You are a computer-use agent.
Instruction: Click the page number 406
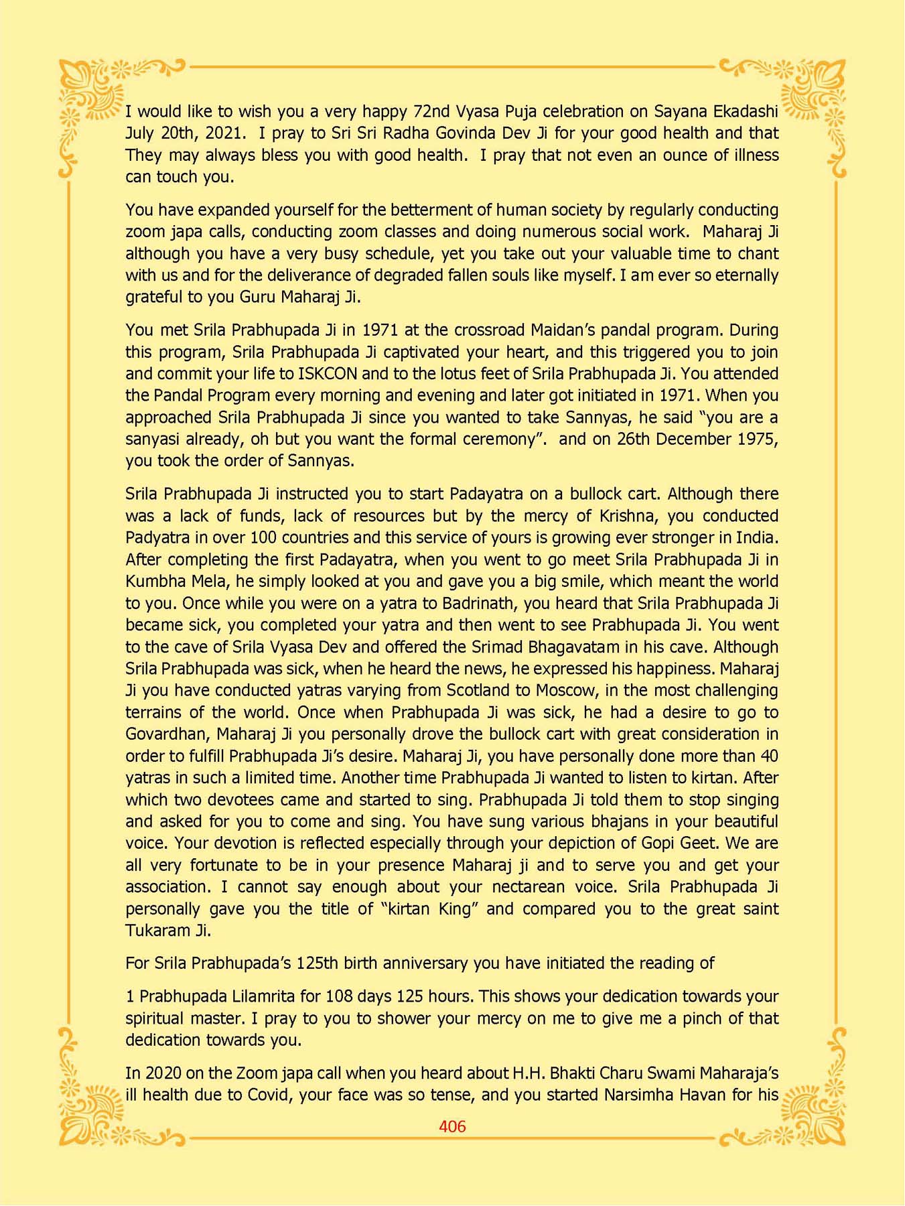[452, 1126]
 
